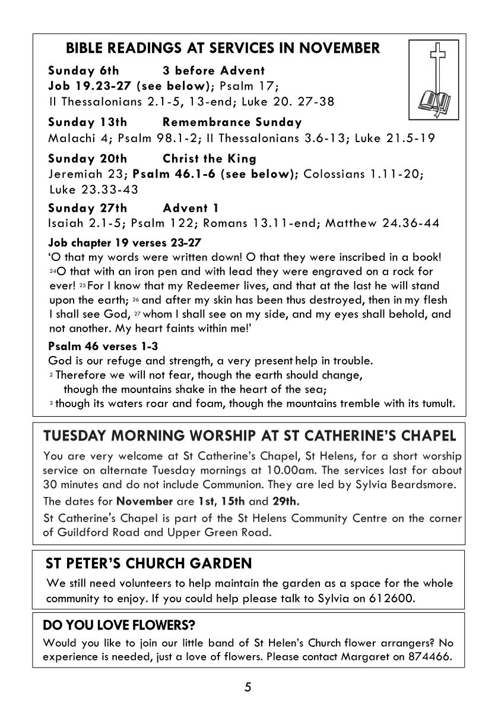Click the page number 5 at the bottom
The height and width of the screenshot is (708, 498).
click(x=248, y=688)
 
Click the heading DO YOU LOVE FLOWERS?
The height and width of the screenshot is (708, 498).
click(x=119, y=625)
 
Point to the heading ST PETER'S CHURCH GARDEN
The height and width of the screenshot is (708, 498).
click(x=148, y=563)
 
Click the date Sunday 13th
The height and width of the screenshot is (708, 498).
click(x=87, y=122)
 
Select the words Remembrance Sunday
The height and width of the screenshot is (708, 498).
click(x=232, y=122)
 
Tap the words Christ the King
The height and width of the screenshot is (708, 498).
click(x=209, y=159)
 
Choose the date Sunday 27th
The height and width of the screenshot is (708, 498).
click(x=87, y=208)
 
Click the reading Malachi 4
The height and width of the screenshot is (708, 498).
click(x=78, y=139)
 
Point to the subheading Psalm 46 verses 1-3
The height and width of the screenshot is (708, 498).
click(x=102, y=346)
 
